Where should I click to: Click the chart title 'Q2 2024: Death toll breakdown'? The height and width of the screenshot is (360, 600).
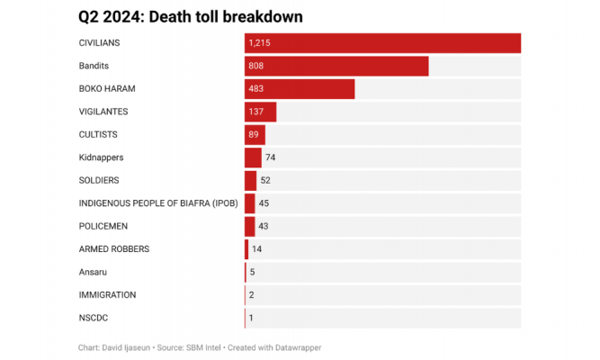(x=191, y=17)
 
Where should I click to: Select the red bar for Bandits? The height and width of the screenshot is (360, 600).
(x=336, y=67)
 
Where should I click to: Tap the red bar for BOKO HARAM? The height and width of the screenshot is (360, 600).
(x=300, y=89)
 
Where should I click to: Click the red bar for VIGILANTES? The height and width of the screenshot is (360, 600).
(x=261, y=112)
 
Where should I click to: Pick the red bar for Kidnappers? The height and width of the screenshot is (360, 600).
(x=254, y=157)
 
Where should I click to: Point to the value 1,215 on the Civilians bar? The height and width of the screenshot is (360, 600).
(x=259, y=43)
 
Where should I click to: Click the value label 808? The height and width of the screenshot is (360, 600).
(x=256, y=66)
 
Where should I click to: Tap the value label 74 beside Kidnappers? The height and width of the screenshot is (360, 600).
(x=271, y=157)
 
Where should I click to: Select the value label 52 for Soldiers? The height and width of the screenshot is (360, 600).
(x=265, y=180)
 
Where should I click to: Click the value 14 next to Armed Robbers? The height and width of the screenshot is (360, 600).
(x=256, y=249)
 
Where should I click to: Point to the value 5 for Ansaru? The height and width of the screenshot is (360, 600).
(x=252, y=272)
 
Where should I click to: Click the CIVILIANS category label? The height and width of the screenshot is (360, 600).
(x=99, y=43)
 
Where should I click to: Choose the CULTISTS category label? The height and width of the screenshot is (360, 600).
(x=98, y=135)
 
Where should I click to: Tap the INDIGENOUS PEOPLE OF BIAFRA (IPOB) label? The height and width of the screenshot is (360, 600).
(x=158, y=203)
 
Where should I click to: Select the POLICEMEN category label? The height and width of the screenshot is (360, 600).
(x=103, y=226)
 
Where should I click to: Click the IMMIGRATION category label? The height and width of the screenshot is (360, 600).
(x=108, y=295)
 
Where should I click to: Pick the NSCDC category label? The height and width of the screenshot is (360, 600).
(x=94, y=318)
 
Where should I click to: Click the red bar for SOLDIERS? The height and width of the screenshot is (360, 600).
(x=251, y=181)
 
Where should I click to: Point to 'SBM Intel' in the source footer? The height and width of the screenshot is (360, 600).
(x=203, y=347)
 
